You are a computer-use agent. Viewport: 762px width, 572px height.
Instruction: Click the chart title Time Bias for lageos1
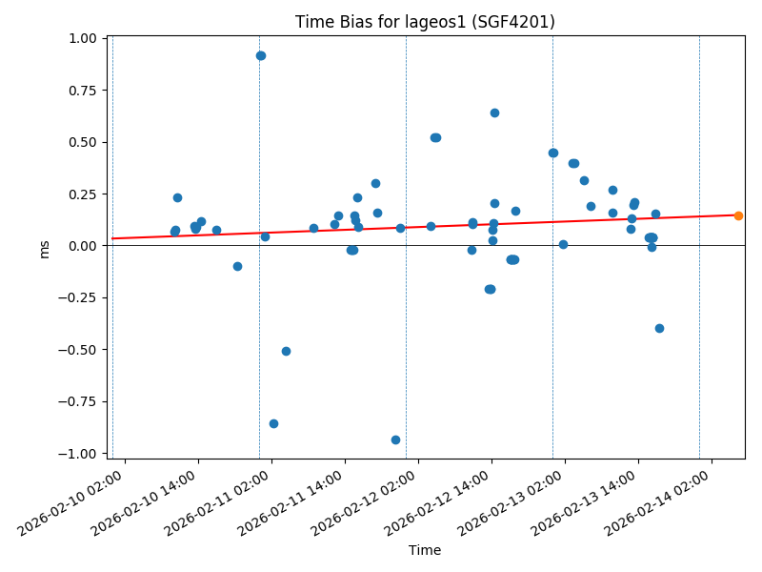pos(425,22)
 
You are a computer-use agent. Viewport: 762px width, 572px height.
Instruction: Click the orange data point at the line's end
pos(738,215)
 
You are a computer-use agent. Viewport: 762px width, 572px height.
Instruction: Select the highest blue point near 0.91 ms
pos(261,55)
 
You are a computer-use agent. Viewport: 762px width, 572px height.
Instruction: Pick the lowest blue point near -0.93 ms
pos(395,439)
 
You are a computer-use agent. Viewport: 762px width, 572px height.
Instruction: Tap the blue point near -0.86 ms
pos(273,423)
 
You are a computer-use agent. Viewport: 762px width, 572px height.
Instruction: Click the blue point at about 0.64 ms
pos(494,112)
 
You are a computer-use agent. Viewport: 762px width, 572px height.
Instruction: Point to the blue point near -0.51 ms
pos(286,351)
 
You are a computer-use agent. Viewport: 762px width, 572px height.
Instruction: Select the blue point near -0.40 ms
pos(659,328)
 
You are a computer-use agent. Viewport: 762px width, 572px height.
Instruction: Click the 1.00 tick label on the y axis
pos(83,38)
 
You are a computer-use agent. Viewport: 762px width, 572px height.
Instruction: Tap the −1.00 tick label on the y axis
pos(79,453)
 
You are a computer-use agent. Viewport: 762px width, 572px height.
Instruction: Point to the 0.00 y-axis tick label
pos(83,246)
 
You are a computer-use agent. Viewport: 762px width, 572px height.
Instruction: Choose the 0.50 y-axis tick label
pos(83,142)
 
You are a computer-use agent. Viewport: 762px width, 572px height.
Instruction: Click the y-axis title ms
pos(44,249)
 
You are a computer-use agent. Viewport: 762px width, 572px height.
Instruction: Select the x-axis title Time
pos(425,550)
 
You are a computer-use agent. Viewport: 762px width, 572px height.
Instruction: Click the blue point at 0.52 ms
pos(435,137)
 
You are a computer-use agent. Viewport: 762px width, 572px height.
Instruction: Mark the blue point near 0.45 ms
pos(552,153)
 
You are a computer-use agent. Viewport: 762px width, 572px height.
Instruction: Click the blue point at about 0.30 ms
pos(375,183)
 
